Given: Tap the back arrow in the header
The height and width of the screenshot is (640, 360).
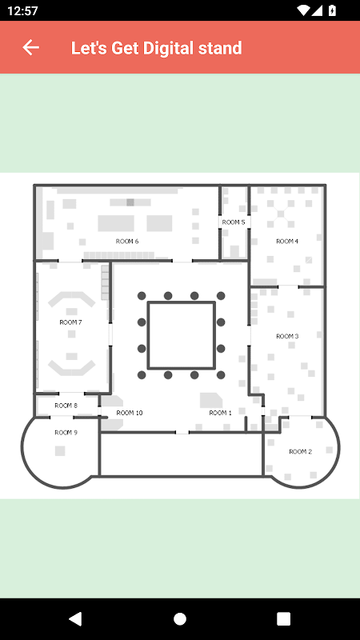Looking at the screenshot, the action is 30,47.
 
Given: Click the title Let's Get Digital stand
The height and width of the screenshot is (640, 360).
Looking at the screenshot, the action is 156,48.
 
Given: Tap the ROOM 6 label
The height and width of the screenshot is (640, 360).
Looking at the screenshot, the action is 127,242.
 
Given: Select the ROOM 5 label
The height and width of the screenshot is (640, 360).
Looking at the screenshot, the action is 234,222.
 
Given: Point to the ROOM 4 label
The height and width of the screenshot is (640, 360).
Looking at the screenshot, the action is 287,242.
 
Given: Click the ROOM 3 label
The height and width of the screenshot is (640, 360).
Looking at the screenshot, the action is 287,336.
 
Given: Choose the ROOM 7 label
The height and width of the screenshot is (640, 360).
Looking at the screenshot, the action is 70,322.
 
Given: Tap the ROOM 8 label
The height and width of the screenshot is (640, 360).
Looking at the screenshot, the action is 66,406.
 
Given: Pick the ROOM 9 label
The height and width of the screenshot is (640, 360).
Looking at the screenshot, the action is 66,433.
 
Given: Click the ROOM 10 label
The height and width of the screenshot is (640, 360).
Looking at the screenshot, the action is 130,413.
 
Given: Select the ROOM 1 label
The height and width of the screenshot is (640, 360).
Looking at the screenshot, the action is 221,413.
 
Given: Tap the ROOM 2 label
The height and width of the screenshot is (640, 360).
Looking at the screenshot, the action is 301,451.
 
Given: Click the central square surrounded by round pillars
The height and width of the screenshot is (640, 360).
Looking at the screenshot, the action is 182,302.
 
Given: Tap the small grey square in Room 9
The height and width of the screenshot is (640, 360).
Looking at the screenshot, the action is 60,450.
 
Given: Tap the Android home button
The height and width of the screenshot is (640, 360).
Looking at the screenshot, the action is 180,618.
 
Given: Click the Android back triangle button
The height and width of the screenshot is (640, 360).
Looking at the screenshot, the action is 75,618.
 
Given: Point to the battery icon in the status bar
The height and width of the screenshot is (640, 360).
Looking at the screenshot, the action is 332,10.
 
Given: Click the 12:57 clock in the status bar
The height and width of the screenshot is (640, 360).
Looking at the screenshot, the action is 22,10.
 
